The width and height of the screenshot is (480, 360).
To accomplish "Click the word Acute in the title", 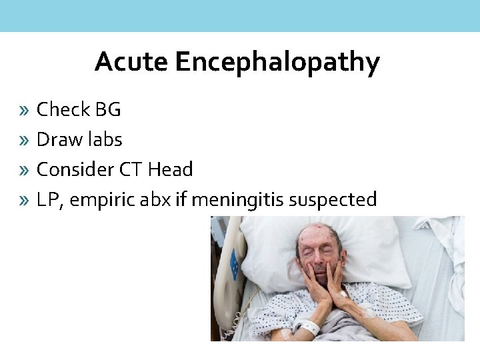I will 132,62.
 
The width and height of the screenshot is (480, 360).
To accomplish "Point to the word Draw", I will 58,139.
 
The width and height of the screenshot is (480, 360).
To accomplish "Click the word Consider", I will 75,169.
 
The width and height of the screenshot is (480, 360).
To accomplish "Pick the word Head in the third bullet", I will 170,169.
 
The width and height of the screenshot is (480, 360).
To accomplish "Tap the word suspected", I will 341,200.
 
